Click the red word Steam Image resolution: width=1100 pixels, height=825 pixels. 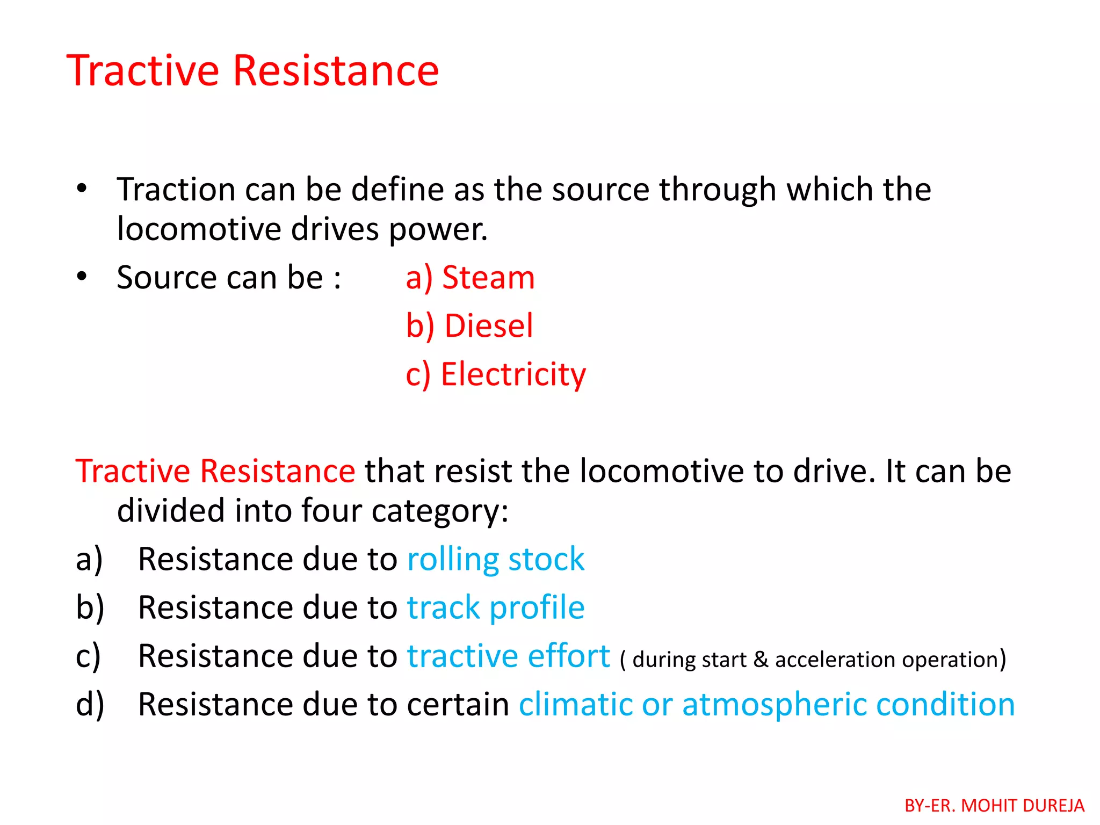[488, 278]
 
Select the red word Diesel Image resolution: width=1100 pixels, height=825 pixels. [489, 326]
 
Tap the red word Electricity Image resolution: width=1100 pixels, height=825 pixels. [513, 374]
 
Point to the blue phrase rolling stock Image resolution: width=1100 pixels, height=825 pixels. [495, 559]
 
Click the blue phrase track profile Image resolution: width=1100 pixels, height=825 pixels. [495, 607]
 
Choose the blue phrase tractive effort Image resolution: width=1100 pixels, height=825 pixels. [508, 656]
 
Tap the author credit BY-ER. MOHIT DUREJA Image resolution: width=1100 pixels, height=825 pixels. [994, 806]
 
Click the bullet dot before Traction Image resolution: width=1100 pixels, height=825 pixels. [82, 189]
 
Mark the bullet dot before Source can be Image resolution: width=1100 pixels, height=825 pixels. [82, 277]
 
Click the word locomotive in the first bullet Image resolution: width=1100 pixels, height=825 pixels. [199, 229]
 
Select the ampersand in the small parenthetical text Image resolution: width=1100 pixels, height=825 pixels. [760, 660]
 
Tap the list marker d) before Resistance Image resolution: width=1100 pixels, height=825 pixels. [90, 705]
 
